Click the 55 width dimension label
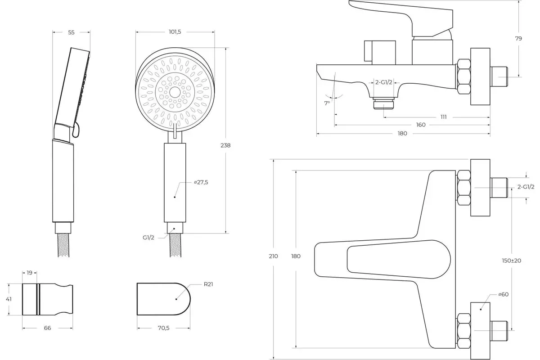pyautogui.click(x=72, y=32)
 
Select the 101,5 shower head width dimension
pyautogui.click(x=175, y=32)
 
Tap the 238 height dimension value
pyautogui.click(x=225, y=145)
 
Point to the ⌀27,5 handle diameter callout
pyautogui.click(x=201, y=182)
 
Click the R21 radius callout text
pyautogui.click(x=208, y=284)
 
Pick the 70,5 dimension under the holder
pyautogui.click(x=164, y=328)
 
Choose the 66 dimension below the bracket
pyautogui.click(x=48, y=328)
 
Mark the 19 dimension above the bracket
pyautogui.click(x=29, y=273)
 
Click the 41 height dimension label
pyautogui.click(x=9, y=299)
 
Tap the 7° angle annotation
pyautogui.click(x=327, y=103)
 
